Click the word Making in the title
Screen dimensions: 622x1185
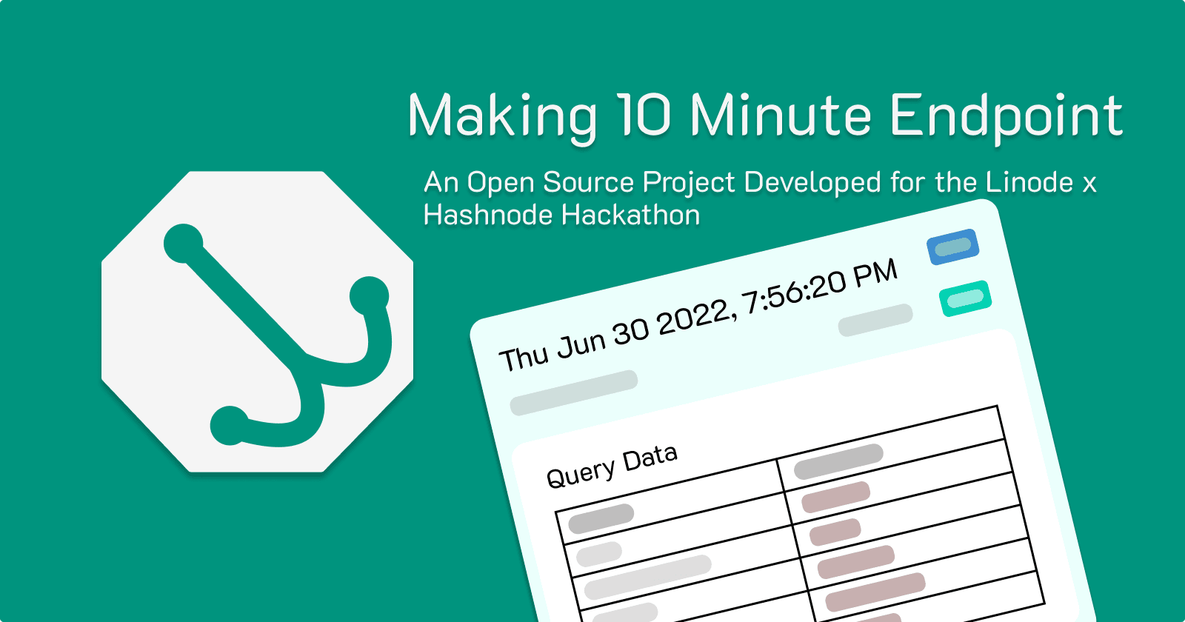pyautogui.click(x=502, y=116)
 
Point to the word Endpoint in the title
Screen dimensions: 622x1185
pyautogui.click(x=1007, y=116)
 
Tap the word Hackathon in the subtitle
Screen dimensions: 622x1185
pyautogui.click(x=630, y=215)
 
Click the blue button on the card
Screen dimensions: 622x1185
pyautogui.click(x=953, y=247)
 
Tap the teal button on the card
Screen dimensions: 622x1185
pyautogui.click(x=965, y=298)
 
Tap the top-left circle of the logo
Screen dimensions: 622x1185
pyautogui.click(x=183, y=243)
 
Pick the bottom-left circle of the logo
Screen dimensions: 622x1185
pyautogui.click(x=230, y=425)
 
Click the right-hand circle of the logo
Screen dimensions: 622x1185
pyautogui.click(x=369, y=295)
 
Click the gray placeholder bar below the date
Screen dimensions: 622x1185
pyautogui.click(x=574, y=392)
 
